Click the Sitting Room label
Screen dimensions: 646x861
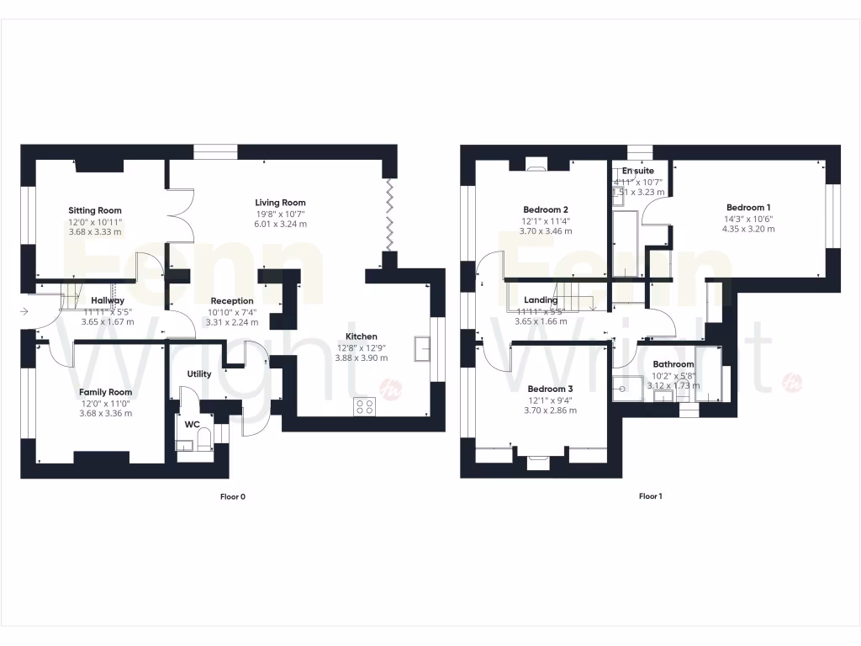point(95,210)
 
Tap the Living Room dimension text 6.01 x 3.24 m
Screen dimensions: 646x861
point(281,225)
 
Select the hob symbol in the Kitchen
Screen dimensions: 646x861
point(366,406)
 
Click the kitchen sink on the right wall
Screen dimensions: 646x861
point(422,347)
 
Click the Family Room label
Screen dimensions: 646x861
point(105,392)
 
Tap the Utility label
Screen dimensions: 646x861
point(199,374)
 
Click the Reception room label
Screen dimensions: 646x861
point(232,300)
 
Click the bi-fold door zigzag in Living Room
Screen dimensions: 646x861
point(389,214)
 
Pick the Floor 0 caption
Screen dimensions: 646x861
point(232,496)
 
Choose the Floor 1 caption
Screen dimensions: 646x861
point(650,496)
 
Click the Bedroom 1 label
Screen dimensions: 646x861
point(747,207)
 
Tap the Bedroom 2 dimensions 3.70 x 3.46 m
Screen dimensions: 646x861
point(544,230)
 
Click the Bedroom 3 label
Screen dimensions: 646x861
point(550,389)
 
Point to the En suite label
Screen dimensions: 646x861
point(638,171)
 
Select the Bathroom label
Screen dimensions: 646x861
point(673,364)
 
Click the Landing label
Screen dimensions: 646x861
point(541,299)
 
